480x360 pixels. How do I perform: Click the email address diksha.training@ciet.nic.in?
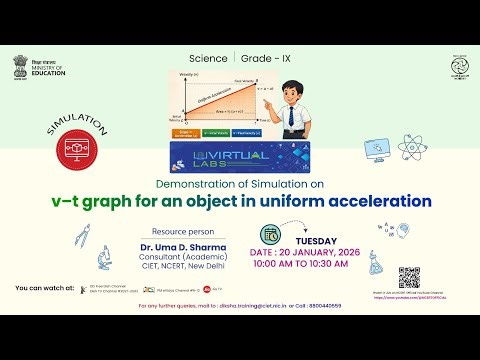(x=240, y=304)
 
